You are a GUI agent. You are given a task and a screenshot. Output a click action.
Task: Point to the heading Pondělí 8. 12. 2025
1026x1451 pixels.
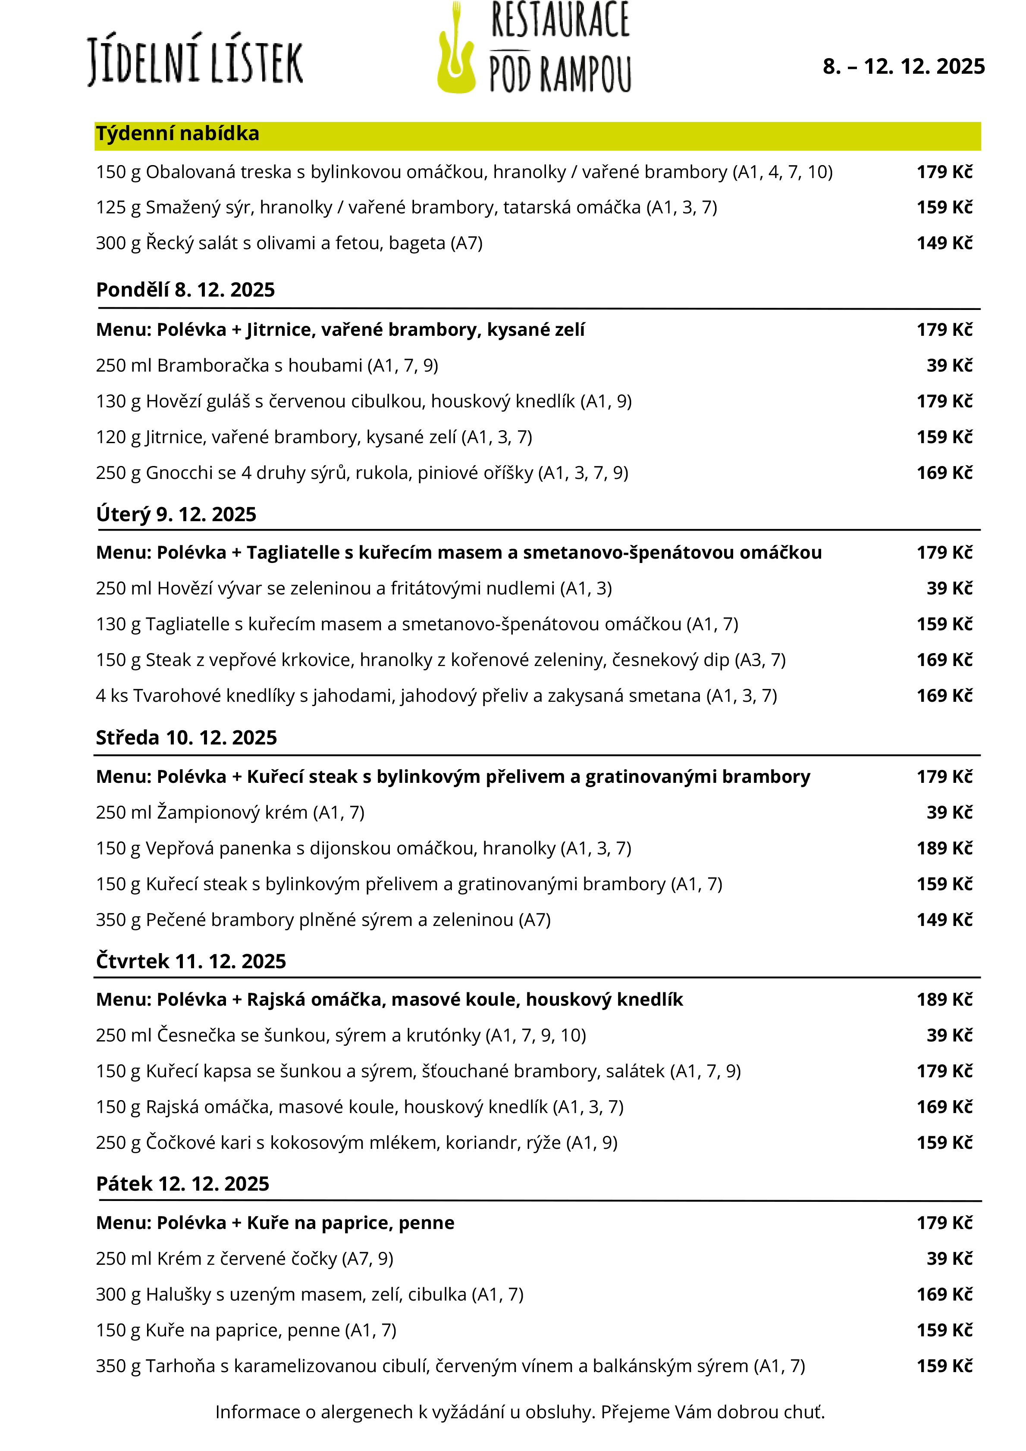click(185, 290)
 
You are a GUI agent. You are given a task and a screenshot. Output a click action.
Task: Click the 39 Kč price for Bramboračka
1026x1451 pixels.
click(949, 365)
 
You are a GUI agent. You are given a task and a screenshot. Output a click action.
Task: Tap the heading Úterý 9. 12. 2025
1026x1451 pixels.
click(176, 514)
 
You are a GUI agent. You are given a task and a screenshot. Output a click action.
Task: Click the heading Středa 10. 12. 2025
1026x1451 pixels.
click(186, 738)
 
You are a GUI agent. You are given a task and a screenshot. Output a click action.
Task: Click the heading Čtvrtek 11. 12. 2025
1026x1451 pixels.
click(191, 961)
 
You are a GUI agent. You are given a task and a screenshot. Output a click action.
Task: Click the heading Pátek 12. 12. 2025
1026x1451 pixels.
click(183, 1184)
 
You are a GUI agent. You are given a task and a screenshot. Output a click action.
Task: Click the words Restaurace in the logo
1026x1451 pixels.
click(560, 21)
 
